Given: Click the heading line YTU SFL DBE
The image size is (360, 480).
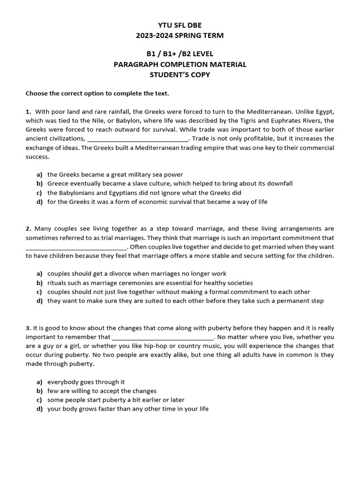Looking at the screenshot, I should coord(180,25).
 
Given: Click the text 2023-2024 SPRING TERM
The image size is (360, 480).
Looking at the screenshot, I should coord(180,36).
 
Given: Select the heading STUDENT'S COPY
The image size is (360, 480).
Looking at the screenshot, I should coord(180,75).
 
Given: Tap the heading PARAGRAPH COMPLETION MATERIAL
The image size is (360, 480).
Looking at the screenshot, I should coord(180,65).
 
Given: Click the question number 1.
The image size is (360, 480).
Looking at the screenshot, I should coord(28,112).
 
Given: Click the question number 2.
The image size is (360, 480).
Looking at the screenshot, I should coord(28,229).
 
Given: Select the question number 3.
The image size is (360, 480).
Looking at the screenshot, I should coord(28,328).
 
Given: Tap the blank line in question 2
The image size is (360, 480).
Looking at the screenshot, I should coord(76,248).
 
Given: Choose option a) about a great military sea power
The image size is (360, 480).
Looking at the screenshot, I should coord(115,175).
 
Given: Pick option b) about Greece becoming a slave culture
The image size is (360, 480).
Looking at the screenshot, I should coord(170,184).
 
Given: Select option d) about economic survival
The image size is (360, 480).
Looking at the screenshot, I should coord(157,202).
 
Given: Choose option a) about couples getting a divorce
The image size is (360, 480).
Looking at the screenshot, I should coord(136,274).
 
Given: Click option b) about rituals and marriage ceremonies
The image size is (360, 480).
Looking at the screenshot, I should coord(150,283).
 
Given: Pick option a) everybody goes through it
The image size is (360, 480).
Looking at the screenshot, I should coord(86,382).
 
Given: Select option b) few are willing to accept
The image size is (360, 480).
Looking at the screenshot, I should coord(102,391).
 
